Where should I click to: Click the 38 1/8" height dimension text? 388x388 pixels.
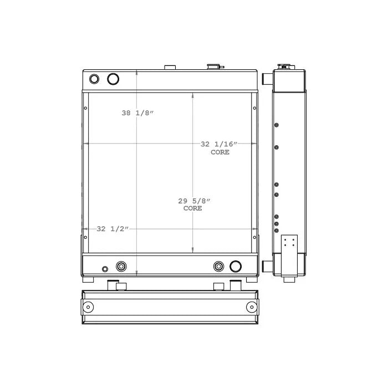137,113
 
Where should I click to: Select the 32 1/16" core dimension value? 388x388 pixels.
219,144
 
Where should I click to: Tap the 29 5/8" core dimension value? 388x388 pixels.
193,201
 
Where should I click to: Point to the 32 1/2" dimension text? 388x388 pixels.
113,228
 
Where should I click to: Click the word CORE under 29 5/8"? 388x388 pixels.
193,208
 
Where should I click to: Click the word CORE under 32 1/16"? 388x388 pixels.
219,152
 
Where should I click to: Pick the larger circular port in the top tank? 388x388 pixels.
113,79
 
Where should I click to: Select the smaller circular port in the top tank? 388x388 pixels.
94,79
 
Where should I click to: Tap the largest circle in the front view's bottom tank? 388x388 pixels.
236,266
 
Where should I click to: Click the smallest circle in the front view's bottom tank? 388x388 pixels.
105,269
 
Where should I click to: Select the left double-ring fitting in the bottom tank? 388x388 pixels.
121,267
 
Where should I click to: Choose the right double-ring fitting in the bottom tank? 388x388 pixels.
219,267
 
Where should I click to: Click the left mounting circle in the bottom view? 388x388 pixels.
88,307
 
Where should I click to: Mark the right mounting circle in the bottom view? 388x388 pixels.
252,307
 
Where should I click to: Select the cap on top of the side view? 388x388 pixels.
284,66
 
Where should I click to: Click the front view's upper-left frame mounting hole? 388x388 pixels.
85,108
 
